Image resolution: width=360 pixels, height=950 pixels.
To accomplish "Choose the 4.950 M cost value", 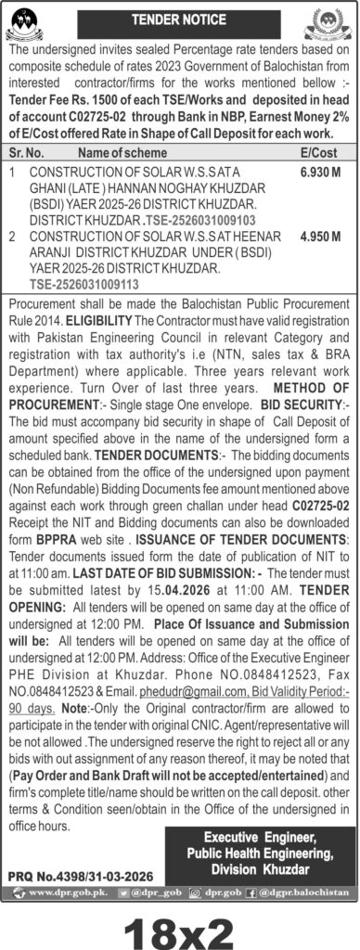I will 320,237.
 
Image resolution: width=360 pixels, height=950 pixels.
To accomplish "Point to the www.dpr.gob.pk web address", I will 63,892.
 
